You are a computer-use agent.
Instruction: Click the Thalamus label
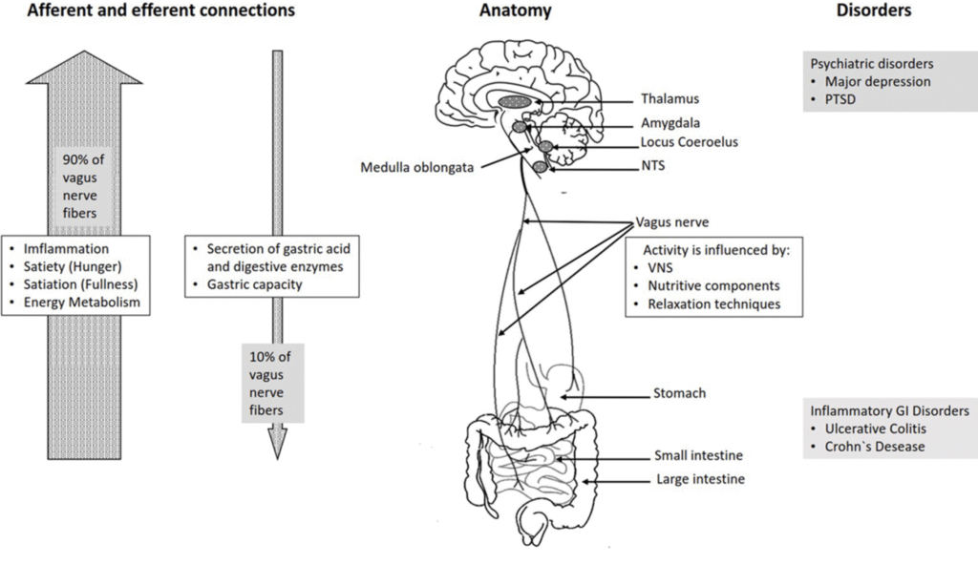pyautogui.click(x=670, y=99)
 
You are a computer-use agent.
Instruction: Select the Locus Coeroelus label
pyautogui.click(x=689, y=142)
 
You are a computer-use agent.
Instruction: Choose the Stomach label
pyautogui.click(x=679, y=392)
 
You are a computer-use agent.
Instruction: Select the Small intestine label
pyautogui.click(x=699, y=456)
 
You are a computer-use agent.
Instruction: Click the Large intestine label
pyautogui.click(x=700, y=479)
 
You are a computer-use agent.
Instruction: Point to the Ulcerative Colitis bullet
pyautogui.click(x=875, y=429)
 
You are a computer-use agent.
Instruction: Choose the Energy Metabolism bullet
pyautogui.click(x=77, y=303)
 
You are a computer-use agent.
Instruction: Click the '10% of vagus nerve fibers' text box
pyautogui.click(x=271, y=383)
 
